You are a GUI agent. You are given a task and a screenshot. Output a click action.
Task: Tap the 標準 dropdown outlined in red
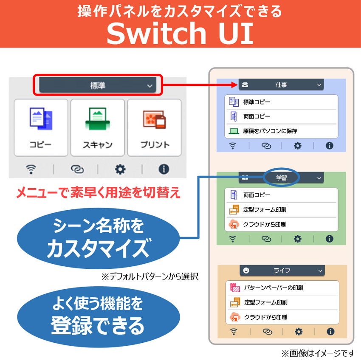click(x=98, y=85)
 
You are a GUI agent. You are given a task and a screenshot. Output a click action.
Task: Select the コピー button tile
click(x=41, y=128)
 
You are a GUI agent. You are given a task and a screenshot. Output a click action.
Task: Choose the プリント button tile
click(x=154, y=128)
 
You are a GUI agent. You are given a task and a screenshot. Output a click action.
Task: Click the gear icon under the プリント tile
click(x=120, y=169)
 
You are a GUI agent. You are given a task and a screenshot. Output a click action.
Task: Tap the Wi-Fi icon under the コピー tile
click(x=31, y=169)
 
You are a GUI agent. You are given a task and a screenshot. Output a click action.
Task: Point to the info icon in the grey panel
click(x=164, y=169)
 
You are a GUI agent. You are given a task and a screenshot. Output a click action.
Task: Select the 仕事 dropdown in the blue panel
click(x=281, y=85)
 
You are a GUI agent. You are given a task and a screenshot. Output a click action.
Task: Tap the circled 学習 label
click(x=281, y=178)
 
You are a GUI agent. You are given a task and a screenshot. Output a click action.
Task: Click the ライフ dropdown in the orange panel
click(x=282, y=271)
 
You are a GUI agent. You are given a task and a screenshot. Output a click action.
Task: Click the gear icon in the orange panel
click(x=299, y=332)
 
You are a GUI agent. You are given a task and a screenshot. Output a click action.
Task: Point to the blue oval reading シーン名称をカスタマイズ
click(x=98, y=238)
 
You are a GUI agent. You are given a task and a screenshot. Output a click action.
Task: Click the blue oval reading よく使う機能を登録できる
click(x=98, y=316)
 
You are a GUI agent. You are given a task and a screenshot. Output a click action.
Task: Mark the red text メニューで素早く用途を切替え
click(x=98, y=194)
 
